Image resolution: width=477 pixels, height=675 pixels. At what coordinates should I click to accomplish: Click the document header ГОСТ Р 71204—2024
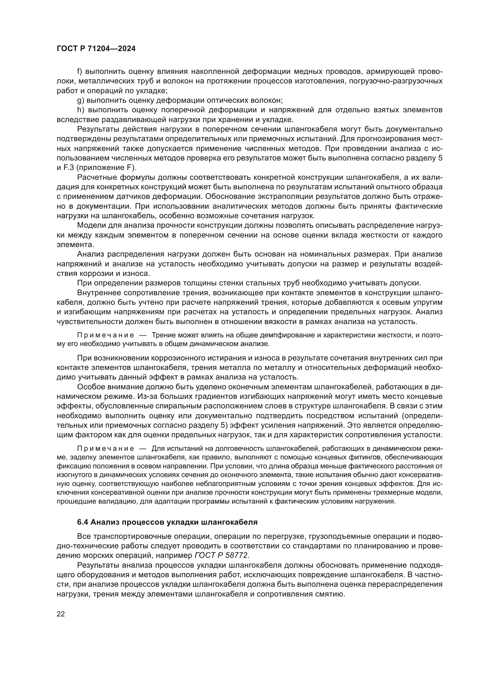[x=96, y=49]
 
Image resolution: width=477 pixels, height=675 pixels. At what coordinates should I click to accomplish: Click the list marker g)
[x=80, y=100]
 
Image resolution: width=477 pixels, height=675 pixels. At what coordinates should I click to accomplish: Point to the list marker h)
[x=80, y=110]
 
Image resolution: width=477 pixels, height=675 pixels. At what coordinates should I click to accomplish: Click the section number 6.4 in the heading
[x=83, y=522]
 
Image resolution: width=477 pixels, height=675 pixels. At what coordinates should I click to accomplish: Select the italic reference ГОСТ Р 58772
[x=221, y=555]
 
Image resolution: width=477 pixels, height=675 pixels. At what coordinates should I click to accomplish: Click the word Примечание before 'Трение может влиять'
[x=106, y=335]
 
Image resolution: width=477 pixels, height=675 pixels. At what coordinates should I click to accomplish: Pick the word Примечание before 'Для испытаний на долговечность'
[x=106, y=449]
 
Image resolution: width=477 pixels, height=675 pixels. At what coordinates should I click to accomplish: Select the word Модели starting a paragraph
[x=91, y=225]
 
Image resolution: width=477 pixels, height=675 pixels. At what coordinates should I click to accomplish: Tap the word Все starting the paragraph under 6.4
[x=84, y=536]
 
